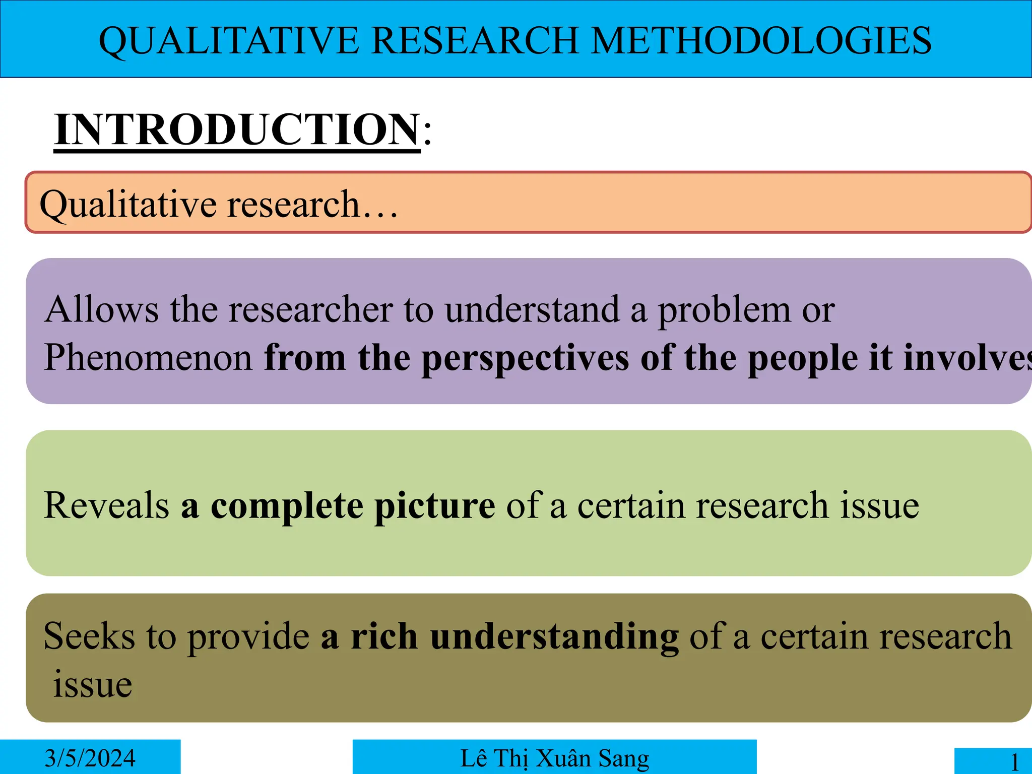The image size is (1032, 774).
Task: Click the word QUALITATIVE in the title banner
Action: [x=229, y=40]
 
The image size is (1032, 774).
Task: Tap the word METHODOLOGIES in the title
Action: [x=761, y=40]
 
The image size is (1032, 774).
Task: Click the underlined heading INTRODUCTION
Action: [x=237, y=130]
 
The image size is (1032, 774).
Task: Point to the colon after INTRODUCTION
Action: [x=427, y=132]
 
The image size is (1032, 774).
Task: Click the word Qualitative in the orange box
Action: [x=128, y=205]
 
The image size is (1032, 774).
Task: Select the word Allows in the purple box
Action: [x=101, y=309]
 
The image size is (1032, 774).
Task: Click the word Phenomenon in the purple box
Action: [x=148, y=357]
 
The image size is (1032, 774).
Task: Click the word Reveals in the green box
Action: [x=106, y=505]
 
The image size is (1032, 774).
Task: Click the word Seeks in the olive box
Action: [x=89, y=636]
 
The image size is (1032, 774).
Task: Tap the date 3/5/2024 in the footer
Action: [x=90, y=758]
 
